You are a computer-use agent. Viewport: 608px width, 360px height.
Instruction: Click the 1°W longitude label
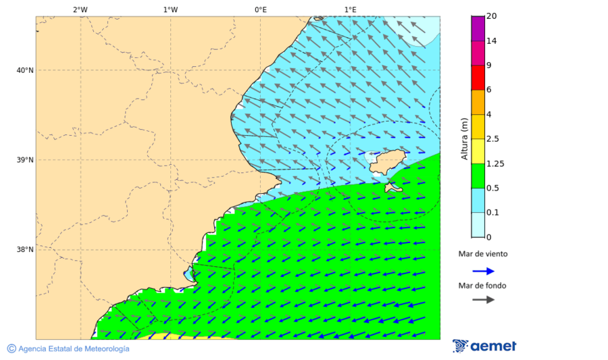tap(170, 9)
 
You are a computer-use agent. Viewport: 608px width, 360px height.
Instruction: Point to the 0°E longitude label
tap(260, 9)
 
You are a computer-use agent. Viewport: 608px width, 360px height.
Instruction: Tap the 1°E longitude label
tap(351, 9)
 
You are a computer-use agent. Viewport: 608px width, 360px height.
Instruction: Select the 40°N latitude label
tap(24, 70)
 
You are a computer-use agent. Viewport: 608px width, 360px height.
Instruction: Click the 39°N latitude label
tap(24, 160)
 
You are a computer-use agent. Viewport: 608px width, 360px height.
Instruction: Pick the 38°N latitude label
tap(24, 250)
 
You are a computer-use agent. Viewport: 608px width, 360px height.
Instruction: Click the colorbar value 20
tap(492, 16)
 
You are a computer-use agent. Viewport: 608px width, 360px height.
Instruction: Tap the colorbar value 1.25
tap(496, 163)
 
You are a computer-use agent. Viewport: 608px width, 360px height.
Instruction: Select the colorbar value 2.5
tap(493, 139)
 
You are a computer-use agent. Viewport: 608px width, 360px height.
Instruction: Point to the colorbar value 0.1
tap(493, 213)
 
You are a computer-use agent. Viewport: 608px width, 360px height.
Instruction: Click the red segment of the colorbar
tap(478, 77)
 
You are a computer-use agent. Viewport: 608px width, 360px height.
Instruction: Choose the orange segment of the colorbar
tap(478, 102)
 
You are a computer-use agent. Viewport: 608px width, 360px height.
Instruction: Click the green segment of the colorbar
tap(478, 176)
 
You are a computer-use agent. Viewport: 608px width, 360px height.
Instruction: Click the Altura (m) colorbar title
tap(464, 138)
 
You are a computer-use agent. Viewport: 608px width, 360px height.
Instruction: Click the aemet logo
tap(484, 346)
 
